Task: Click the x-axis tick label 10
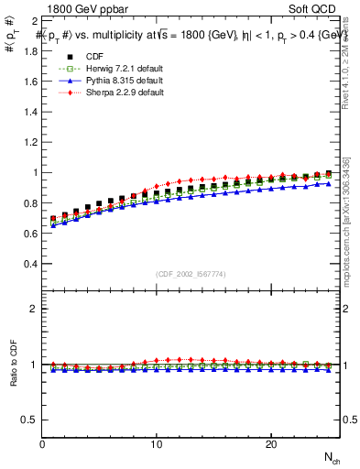[x=157, y=444]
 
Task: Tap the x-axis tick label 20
[x=270, y=444]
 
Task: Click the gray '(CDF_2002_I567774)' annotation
[x=191, y=273]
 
